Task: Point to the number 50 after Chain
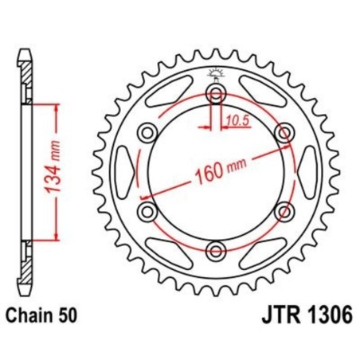pyautogui.click(x=68, y=315)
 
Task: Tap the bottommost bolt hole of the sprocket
pyautogui.click(x=215, y=251)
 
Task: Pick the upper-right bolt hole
pyautogui.click(x=283, y=133)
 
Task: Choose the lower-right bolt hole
pyautogui.click(x=283, y=212)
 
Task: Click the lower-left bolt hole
pyautogui.click(x=147, y=212)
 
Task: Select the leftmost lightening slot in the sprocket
pyautogui.click(x=124, y=173)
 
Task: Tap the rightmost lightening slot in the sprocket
pyautogui.click(x=307, y=173)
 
